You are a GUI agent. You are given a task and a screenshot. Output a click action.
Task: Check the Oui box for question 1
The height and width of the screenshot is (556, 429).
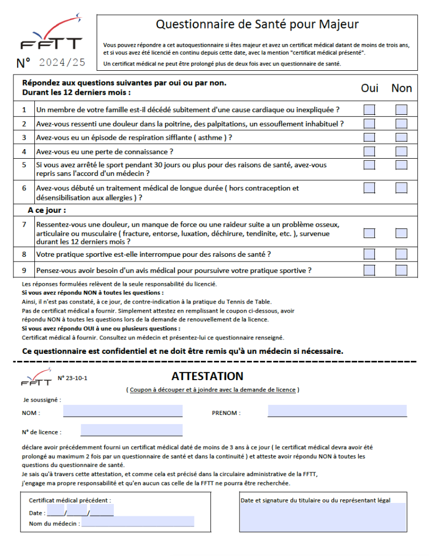pos(369,110)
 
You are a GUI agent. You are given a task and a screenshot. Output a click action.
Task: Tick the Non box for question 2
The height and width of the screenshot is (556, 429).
pos(401,124)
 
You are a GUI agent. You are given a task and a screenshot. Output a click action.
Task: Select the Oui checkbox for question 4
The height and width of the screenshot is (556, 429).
pos(369,152)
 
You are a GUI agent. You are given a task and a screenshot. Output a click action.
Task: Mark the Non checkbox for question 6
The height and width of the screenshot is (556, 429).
pos(401,188)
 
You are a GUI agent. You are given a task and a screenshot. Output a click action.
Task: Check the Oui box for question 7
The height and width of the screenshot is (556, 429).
pos(369,233)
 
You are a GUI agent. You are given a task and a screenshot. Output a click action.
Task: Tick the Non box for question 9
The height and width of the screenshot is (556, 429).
pos(401,270)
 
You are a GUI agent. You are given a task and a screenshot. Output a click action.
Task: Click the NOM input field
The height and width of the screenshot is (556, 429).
pos(122,411)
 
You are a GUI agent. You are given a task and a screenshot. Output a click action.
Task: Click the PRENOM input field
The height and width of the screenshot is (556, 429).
pos(337,411)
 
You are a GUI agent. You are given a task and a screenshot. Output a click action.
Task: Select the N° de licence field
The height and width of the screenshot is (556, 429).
pos(131,431)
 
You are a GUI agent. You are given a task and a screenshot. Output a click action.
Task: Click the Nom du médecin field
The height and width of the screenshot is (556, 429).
pos(137,523)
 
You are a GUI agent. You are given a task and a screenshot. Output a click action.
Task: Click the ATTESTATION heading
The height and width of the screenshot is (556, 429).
pos(207,376)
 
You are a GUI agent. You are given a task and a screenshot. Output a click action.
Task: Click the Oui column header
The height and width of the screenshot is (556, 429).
pos(369,88)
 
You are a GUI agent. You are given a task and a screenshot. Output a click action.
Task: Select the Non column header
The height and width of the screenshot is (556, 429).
pos(401,88)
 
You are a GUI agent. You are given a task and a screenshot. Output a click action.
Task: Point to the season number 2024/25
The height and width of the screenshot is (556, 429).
pos(62,63)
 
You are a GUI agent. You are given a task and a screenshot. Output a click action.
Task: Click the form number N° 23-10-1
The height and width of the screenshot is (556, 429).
pos(72,378)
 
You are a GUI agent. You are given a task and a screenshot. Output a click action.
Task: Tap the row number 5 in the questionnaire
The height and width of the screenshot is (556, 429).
pos(24,165)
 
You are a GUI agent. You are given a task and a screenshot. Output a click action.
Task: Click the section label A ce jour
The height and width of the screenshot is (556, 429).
pos(47,210)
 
